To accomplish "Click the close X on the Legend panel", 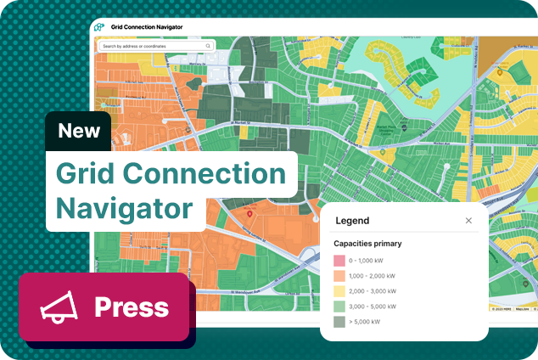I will pyautogui.click(x=468, y=221).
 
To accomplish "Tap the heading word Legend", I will pyautogui.click(x=352, y=221).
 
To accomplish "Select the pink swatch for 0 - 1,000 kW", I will pyautogui.click(x=339, y=261).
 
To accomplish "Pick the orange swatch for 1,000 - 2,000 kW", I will pyautogui.click(x=339, y=276).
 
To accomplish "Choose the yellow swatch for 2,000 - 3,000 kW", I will pyautogui.click(x=339, y=291).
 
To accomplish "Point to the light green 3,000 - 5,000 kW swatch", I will pyautogui.click(x=339, y=307).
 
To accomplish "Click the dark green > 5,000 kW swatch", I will pyautogui.click(x=339, y=322).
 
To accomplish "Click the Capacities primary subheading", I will pyautogui.click(x=367, y=244).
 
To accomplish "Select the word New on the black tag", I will pyautogui.click(x=79, y=132).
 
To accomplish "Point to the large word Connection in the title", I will pyautogui.click(x=205, y=173).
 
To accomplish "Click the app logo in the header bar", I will pyautogui.click(x=99, y=27).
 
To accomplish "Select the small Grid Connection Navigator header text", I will pyautogui.click(x=147, y=27).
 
